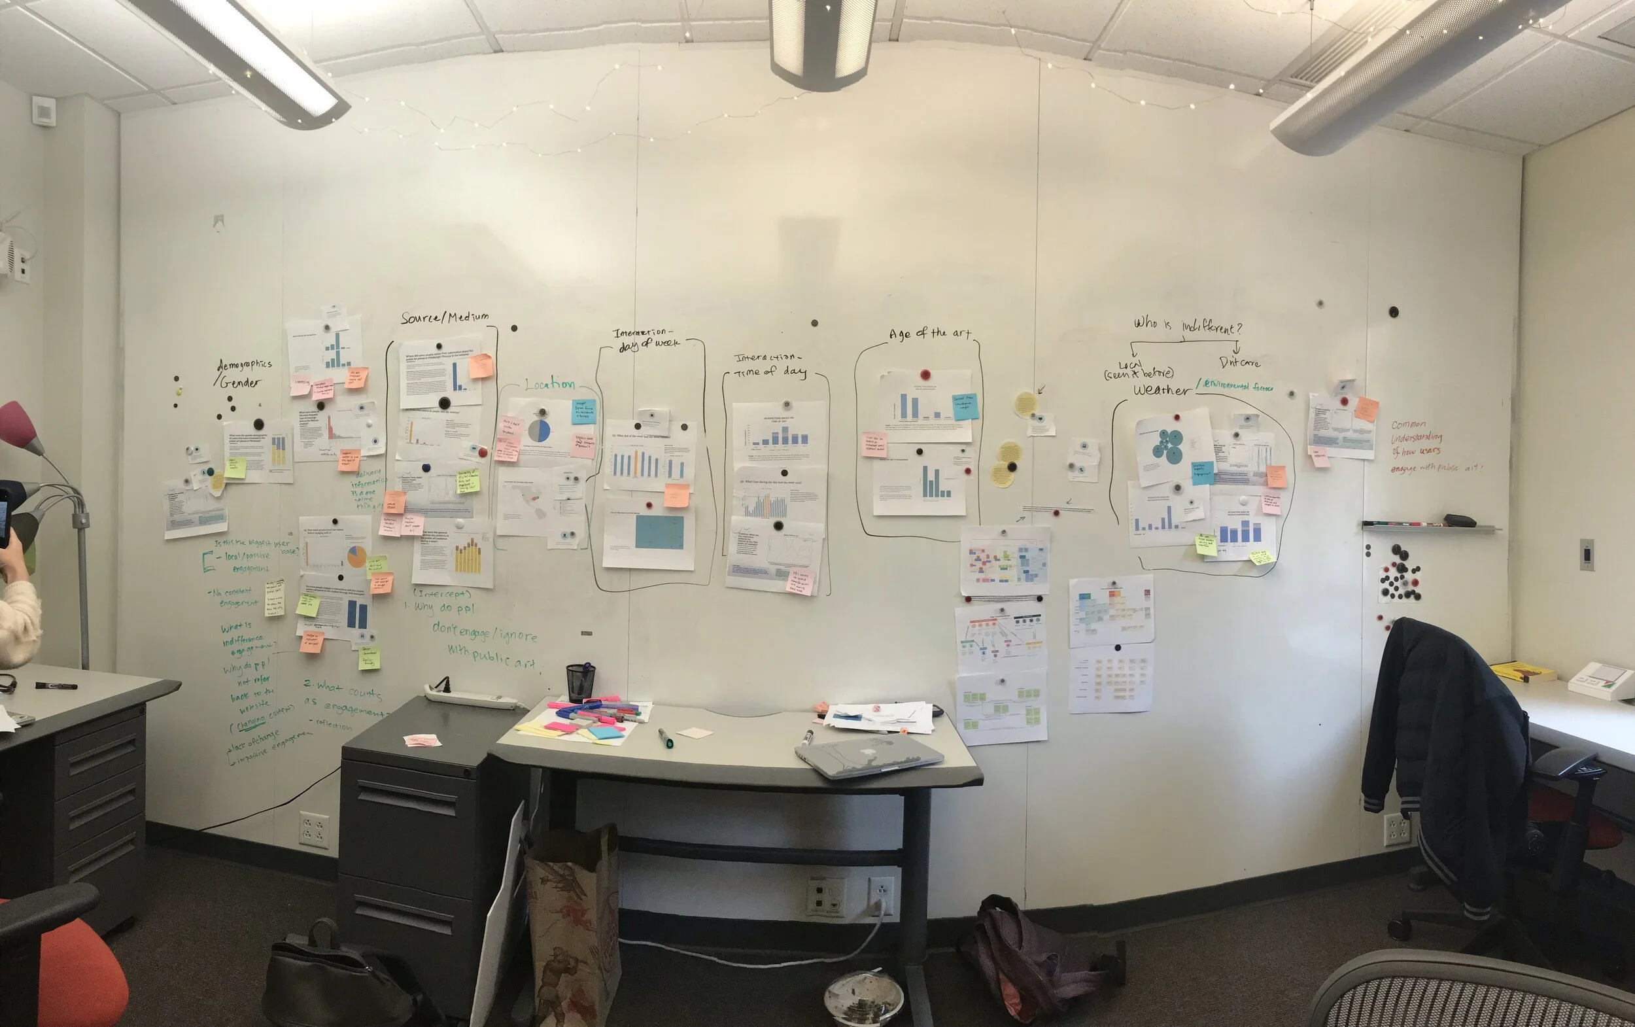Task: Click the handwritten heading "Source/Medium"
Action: click(444, 317)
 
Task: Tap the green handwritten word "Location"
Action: click(549, 385)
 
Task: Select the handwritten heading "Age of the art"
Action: click(929, 334)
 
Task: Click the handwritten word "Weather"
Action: click(1161, 390)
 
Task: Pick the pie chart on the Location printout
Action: click(539, 430)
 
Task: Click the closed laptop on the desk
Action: click(869, 756)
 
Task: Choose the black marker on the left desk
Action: click(56, 686)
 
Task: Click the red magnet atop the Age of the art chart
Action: click(924, 375)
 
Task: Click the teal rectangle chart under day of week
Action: click(659, 532)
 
